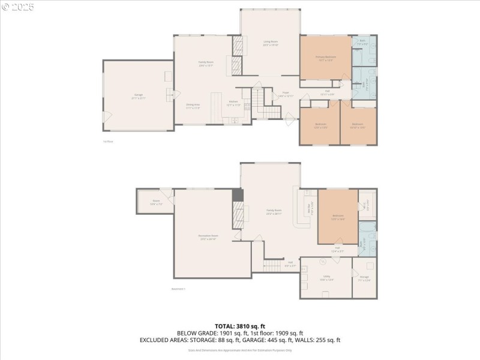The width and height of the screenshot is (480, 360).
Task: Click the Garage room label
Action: pyautogui.click(x=138, y=97)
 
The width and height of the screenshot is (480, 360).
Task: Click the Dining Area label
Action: pyautogui.click(x=193, y=106)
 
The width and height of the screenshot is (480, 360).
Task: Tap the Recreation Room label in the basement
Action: pyautogui.click(x=208, y=236)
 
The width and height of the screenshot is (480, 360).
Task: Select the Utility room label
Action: pyautogui.click(x=326, y=277)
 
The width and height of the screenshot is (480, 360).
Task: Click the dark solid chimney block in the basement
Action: pyautogui.click(x=238, y=195)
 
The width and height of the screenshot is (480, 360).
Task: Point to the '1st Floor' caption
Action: pyautogui.click(x=107, y=142)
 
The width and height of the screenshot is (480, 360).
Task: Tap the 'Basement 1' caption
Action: pyautogui.click(x=178, y=289)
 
